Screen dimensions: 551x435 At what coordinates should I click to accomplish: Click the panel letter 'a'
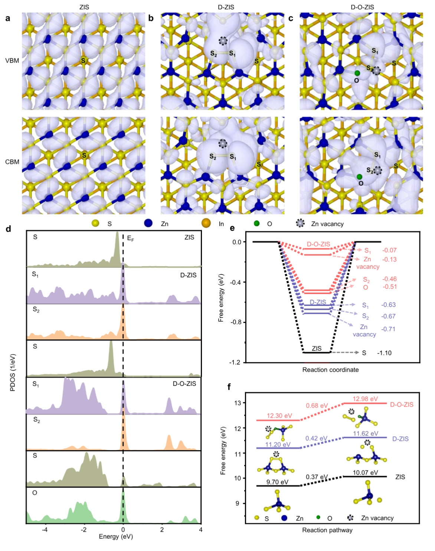point(8,18)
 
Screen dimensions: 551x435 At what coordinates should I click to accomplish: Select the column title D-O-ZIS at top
point(362,7)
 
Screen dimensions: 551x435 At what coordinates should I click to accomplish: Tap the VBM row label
point(12,61)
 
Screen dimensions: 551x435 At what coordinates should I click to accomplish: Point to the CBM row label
point(12,162)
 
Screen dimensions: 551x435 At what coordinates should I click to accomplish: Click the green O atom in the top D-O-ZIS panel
point(357,73)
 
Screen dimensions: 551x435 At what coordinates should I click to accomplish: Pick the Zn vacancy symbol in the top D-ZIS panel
point(223,41)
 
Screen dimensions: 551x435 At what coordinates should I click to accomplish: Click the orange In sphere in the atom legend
point(206,224)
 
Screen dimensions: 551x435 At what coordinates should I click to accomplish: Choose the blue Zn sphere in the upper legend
point(148,224)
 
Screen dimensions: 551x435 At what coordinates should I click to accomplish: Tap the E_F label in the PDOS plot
point(130,238)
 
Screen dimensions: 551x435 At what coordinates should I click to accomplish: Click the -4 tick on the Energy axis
point(45,530)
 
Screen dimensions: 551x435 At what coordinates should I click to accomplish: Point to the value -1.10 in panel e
point(384,353)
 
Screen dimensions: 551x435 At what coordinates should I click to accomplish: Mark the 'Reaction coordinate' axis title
point(330,370)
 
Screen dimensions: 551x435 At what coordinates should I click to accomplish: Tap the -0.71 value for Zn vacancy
point(388,329)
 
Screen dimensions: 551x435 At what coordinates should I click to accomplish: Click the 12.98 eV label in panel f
point(365,399)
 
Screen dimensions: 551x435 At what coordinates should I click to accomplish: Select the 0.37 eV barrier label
point(317,477)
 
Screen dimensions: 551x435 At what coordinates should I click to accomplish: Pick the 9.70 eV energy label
point(277,482)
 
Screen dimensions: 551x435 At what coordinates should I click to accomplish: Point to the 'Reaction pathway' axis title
point(327,530)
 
